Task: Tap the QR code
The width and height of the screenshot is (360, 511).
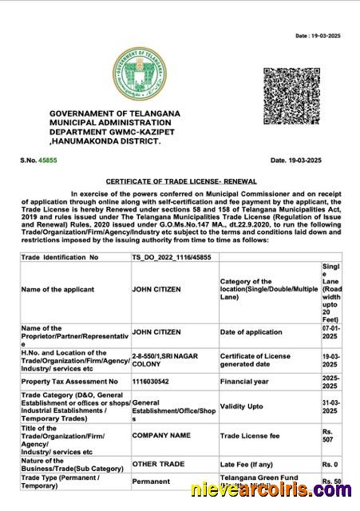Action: tap(291, 96)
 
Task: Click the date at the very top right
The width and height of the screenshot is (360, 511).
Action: tap(318, 36)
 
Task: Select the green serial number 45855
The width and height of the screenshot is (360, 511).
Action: tap(47, 160)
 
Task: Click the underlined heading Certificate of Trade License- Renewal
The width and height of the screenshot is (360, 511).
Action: tap(179, 182)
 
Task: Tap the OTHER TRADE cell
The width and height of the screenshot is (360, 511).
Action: tap(157, 464)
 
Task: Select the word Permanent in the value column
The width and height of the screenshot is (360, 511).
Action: tap(151, 481)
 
